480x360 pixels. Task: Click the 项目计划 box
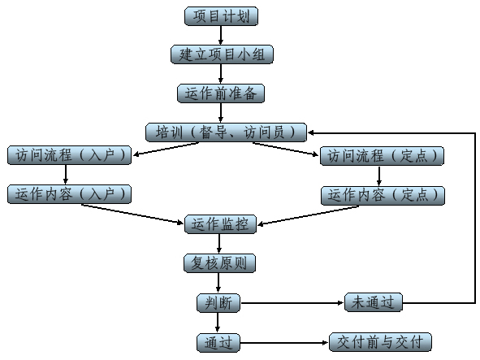(221, 16)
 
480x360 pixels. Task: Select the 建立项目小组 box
(222, 54)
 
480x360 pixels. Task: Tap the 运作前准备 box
(221, 93)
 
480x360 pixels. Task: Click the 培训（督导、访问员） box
(226, 132)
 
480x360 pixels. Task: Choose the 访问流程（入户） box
(70, 155)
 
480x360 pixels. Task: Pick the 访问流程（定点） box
(382, 156)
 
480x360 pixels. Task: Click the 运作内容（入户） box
(70, 194)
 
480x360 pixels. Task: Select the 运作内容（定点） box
(383, 196)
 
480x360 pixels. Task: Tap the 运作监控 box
(220, 224)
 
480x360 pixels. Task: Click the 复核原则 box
(219, 262)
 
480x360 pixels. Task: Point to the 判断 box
(218, 303)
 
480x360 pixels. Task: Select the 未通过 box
(373, 302)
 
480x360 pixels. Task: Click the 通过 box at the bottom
(218, 342)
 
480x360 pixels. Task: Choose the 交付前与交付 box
(380, 342)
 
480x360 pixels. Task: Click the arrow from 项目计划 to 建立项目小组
(221, 36)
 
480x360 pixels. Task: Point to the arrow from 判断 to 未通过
(292, 303)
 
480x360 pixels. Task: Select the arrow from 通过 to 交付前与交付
(284, 343)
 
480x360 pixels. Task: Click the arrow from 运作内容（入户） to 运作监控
(132, 214)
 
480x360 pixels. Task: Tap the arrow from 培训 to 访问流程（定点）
(286, 149)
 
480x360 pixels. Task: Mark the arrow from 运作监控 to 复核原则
(218, 244)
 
